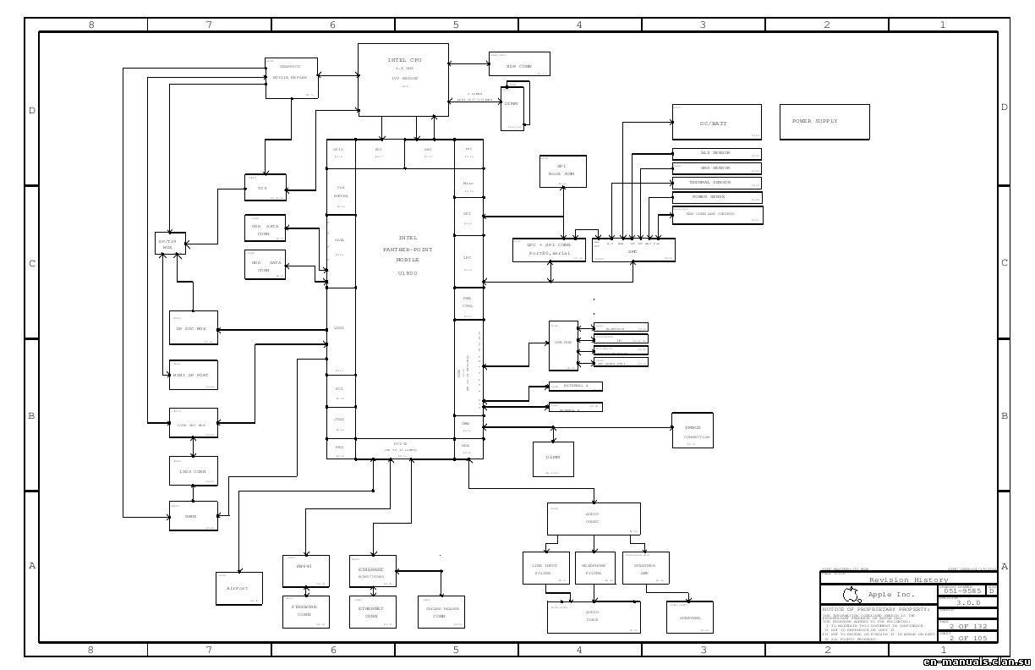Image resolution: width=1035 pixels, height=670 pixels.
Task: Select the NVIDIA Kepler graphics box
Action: pos(292,78)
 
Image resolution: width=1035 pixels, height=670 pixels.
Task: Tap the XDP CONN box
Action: pos(519,64)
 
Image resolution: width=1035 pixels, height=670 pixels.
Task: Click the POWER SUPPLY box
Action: pos(824,122)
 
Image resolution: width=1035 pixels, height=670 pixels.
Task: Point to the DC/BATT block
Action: pos(716,122)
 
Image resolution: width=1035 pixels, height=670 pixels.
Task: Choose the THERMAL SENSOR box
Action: pos(716,183)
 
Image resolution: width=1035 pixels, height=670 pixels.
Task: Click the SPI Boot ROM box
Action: pos(562,171)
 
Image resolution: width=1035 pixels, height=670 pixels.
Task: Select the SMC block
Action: pos(633,250)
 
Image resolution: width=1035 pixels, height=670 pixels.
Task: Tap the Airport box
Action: pos(238,588)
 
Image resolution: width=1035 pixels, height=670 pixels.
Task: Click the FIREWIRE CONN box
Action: pos(305,612)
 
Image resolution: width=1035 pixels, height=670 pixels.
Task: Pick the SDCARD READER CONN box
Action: pos(441,612)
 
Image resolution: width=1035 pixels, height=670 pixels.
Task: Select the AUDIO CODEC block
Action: pos(594,519)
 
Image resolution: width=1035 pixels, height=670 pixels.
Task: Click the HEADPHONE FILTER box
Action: pos(595,568)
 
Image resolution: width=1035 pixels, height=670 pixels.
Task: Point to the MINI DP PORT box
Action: pos(194,375)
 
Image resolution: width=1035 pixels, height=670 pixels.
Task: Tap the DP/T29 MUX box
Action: pos(170,244)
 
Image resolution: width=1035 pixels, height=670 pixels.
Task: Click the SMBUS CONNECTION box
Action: pos(697,431)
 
